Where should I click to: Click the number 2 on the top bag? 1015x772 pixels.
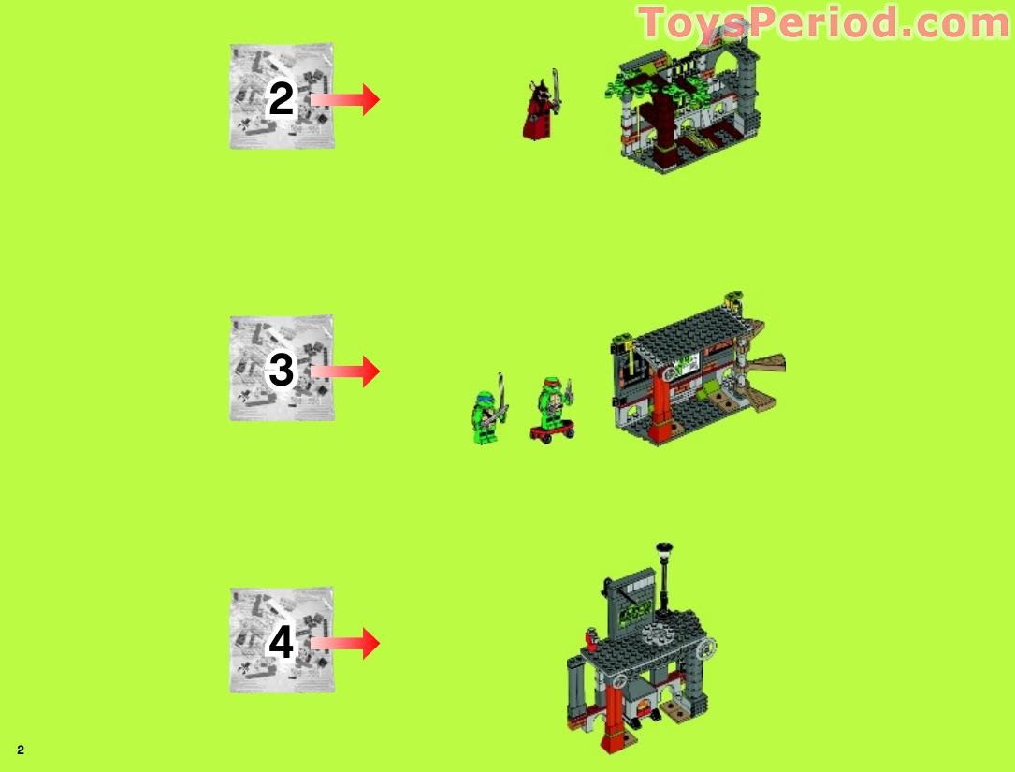(x=281, y=98)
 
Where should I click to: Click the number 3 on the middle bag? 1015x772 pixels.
(x=281, y=371)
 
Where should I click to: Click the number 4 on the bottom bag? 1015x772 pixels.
(x=281, y=643)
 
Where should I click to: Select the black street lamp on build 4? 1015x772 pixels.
(x=664, y=571)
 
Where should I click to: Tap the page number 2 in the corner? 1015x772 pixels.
(x=20, y=750)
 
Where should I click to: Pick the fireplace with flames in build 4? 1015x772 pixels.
(x=644, y=699)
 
